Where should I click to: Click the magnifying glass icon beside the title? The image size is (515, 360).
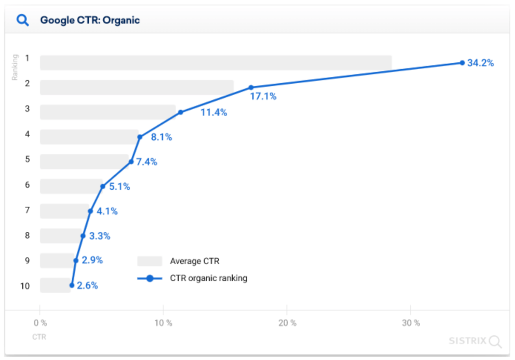coord(22,20)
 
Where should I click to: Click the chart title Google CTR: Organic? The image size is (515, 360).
coord(90,20)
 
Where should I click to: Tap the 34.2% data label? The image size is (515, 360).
coord(480,63)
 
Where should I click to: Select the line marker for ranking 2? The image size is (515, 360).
coord(250,87)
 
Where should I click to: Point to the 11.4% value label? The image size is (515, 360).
coord(214,112)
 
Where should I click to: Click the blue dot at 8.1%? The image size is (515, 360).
coord(140,137)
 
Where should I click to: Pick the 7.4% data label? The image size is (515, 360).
coord(146,162)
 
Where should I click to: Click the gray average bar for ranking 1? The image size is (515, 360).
coord(215,63)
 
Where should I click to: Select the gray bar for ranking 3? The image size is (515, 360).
coord(108,112)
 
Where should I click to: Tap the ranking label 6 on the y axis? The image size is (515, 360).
coord(27,185)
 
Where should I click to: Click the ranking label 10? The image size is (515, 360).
coord(25,285)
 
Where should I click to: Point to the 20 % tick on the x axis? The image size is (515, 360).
coord(287,323)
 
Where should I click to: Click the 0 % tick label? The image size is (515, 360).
coord(40,323)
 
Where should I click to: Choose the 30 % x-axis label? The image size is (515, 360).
coord(411,323)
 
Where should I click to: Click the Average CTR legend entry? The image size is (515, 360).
coord(194,261)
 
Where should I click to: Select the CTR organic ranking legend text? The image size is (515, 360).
coord(208,278)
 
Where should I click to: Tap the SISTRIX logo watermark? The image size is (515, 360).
coord(475,341)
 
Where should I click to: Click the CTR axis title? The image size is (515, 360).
coord(39,337)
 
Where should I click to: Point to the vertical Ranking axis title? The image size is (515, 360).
coord(15,67)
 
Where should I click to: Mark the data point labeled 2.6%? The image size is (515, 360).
coord(72,285)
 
